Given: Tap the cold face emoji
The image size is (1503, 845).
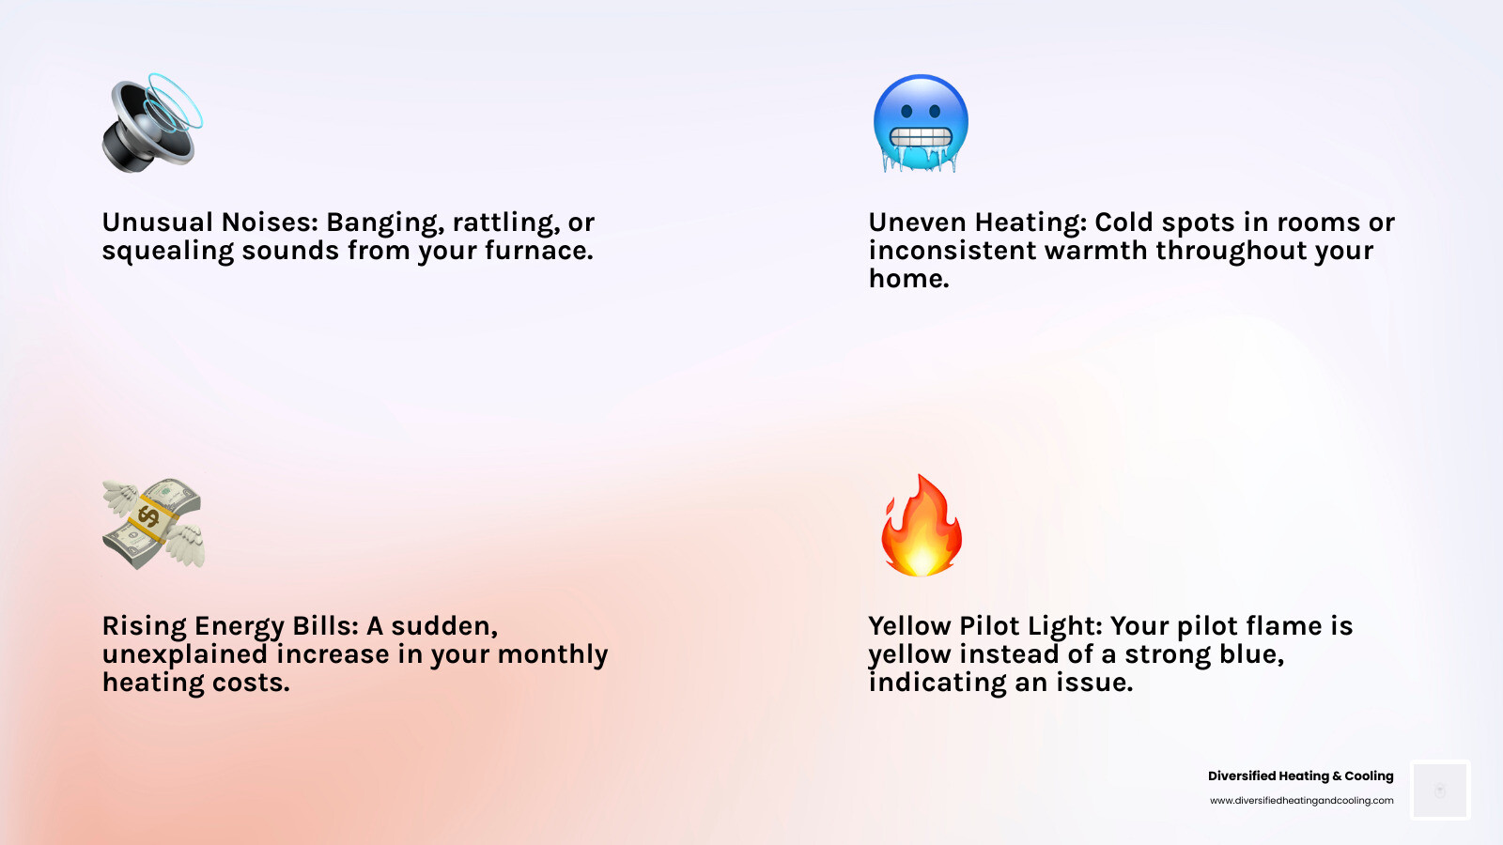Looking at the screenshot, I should pos(921,123).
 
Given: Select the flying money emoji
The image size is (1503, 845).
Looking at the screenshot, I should pos(152,524).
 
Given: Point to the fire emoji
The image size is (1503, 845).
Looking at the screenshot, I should pos(922,525).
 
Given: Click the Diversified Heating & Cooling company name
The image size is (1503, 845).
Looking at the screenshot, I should pos(1300,776).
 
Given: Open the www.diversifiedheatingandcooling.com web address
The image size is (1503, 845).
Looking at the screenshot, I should pos(1301,801).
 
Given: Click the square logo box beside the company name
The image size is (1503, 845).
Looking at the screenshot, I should pos(1440,790).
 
